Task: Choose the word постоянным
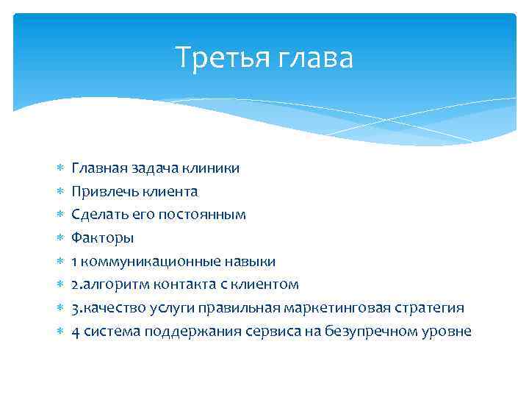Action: point(204,215)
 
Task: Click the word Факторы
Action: point(102,238)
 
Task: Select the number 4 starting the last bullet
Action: point(76,332)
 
